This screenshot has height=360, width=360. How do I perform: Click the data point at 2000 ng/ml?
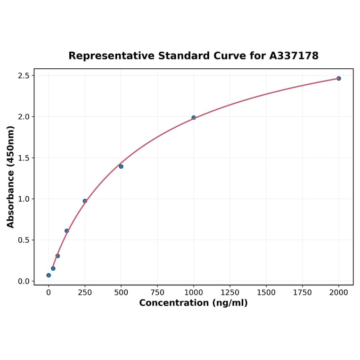[x=338, y=78]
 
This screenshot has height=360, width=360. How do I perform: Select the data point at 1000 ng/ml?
[x=194, y=117]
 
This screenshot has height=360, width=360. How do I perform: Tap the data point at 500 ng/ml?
[x=121, y=166]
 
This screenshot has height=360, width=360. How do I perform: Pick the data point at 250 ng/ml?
[x=85, y=201]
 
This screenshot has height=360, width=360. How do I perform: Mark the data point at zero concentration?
[x=49, y=275]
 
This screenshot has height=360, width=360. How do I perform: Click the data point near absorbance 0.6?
[x=66, y=231]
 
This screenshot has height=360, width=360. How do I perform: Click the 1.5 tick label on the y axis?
[x=24, y=158]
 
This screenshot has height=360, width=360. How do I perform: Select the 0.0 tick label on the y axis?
[x=24, y=281]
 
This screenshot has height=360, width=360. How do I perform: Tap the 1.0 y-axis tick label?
[x=24, y=199]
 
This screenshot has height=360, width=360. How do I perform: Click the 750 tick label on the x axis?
[x=157, y=293]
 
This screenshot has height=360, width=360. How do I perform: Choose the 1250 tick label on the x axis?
[x=230, y=293]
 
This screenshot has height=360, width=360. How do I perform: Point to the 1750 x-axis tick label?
[x=303, y=293]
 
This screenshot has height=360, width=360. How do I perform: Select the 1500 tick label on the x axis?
[x=266, y=293]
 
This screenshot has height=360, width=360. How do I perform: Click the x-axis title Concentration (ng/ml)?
[x=193, y=303]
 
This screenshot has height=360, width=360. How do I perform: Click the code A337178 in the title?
[x=294, y=56]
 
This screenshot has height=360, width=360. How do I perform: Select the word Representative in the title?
[x=111, y=56]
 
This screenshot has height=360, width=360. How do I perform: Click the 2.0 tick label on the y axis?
[x=24, y=117]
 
